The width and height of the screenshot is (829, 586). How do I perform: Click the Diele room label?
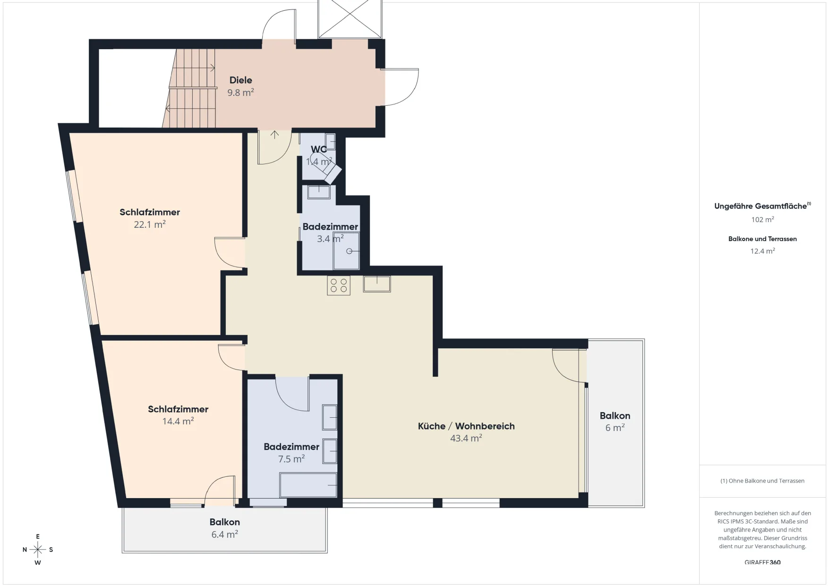pyautogui.click(x=240, y=80)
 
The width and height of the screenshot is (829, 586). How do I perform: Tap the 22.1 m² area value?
pyautogui.click(x=150, y=224)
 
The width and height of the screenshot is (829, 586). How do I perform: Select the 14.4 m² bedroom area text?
pyautogui.click(x=178, y=421)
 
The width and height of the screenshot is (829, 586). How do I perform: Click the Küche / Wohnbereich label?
pyautogui.click(x=466, y=426)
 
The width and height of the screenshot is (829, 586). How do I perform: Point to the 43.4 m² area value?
pyautogui.click(x=466, y=438)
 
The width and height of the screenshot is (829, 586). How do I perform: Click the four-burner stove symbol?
pyautogui.click(x=339, y=285)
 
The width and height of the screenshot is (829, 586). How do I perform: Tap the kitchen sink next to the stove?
pyautogui.click(x=377, y=284)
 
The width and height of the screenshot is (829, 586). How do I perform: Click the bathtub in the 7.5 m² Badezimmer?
pyautogui.click(x=308, y=485)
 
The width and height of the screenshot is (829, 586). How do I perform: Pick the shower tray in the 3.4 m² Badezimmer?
pyautogui.click(x=346, y=250)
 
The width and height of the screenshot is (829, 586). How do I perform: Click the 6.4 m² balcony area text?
pyautogui.click(x=225, y=534)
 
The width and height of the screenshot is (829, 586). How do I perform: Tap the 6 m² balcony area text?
pyautogui.click(x=615, y=428)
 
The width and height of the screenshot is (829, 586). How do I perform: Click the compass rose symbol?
pyautogui.click(x=38, y=550)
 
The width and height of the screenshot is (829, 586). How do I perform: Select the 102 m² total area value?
pyautogui.click(x=762, y=219)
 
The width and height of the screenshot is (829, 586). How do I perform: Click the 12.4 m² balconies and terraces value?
pyautogui.click(x=762, y=251)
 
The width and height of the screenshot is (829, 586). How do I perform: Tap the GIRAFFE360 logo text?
pyautogui.click(x=762, y=562)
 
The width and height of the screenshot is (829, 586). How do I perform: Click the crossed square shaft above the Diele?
pyautogui.click(x=350, y=19)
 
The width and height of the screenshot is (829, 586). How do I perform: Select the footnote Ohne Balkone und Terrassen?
pyautogui.click(x=762, y=481)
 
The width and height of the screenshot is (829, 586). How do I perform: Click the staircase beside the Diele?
pyautogui.click(x=190, y=88)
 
